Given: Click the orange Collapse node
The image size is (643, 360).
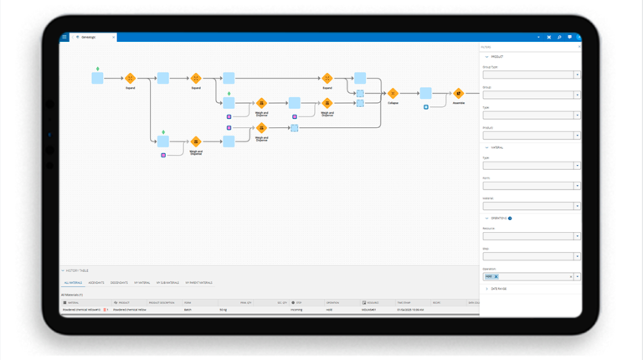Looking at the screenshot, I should click(x=393, y=94).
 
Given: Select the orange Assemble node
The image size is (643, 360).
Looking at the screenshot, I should click(x=458, y=94).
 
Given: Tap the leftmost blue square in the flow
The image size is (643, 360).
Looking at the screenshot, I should click(x=97, y=78).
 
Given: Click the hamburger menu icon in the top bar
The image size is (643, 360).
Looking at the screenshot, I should click(x=64, y=37).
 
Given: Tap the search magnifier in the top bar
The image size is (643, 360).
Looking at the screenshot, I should click(x=559, y=37).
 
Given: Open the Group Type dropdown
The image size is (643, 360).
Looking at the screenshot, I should click(x=531, y=75).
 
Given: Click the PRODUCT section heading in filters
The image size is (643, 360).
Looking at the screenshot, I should click(x=496, y=56).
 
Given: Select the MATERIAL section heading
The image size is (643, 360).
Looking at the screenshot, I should click(x=497, y=147).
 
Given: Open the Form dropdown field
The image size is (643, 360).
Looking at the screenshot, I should click(x=531, y=186).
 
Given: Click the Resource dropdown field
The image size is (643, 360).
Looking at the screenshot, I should click(x=531, y=236).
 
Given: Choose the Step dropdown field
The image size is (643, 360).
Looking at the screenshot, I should click(x=531, y=256).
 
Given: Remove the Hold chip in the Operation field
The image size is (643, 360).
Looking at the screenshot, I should click(x=496, y=276).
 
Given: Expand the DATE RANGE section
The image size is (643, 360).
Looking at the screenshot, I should click(x=498, y=289).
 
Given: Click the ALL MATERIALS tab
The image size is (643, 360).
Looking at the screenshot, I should click(x=72, y=283).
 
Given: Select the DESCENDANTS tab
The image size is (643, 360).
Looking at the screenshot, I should click(x=119, y=283).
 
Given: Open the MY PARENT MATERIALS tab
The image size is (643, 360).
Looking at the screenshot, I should click(x=198, y=283).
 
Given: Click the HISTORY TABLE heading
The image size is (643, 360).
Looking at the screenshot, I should click(x=77, y=271).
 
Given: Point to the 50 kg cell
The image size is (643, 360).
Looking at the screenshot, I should click(x=224, y=310).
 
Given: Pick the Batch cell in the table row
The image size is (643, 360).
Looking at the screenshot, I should click(x=188, y=310).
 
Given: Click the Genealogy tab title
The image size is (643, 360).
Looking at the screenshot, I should click(x=89, y=37).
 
